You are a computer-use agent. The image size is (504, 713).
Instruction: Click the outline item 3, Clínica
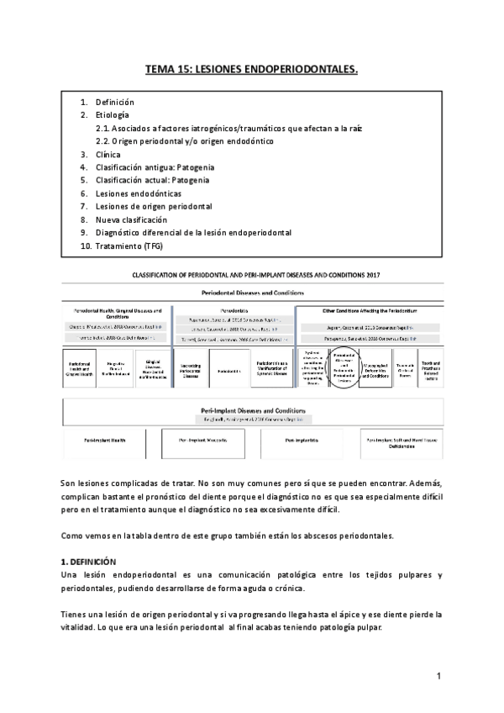point(109,155)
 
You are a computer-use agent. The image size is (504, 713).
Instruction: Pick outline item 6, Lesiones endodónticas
point(138,193)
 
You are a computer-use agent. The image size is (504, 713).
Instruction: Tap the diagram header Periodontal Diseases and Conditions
point(252,293)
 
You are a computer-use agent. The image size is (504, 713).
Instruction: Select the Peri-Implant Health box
point(99,439)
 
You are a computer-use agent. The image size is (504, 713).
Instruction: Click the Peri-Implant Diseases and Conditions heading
point(251,407)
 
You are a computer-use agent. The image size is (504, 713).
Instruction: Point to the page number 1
point(438,676)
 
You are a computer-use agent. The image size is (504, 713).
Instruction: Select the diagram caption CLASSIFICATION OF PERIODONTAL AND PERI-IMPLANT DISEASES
point(251,274)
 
